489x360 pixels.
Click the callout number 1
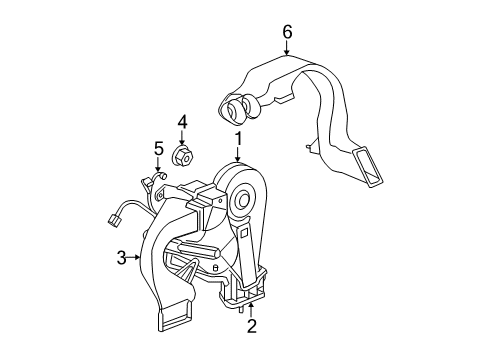coord(239,138)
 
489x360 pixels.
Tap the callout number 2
coord(252,326)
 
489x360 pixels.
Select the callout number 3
coord(120,258)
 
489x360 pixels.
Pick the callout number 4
coord(183,122)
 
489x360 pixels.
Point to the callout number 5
coord(158,149)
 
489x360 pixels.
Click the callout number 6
coord(287,31)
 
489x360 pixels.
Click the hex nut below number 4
coord(183,155)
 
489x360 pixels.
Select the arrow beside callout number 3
coord(137,258)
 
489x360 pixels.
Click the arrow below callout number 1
coord(238,155)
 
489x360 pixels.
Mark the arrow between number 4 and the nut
coord(183,138)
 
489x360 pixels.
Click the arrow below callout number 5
coord(158,166)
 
